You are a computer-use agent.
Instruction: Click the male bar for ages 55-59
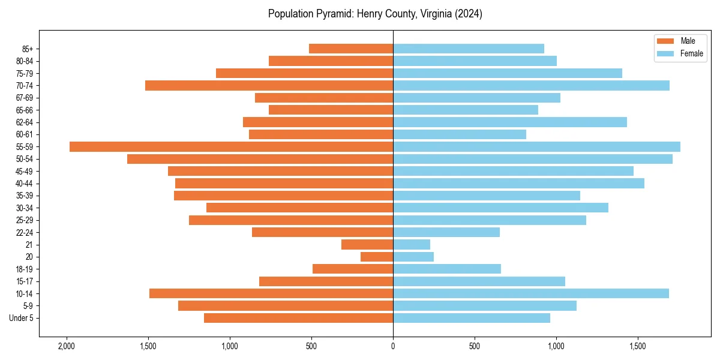coord(231,147)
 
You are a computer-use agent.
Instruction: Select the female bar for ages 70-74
coord(531,86)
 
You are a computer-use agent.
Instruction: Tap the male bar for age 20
coord(377,257)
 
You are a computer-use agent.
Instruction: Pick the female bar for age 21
coord(412,245)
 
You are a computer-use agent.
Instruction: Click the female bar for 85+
coord(469,49)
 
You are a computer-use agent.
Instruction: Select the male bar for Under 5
coord(298,318)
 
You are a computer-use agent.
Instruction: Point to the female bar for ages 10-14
coord(531,293)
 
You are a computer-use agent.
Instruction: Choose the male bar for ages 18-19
coord(353,269)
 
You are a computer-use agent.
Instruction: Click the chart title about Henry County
coord(375,14)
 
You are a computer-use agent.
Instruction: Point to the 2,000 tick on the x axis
coord(66,346)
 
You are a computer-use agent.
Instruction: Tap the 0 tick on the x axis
coord(393,346)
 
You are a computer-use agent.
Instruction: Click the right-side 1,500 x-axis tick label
coord(638,346)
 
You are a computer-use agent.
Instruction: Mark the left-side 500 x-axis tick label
coord(311,346)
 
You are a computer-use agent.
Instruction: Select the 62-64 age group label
coord(25,122)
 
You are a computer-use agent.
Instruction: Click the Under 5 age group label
coord(22,318)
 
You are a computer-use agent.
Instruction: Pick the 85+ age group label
coord(28,49)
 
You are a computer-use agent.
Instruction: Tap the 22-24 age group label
coord(25,232)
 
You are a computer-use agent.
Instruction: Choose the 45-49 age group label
coord(25,171)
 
